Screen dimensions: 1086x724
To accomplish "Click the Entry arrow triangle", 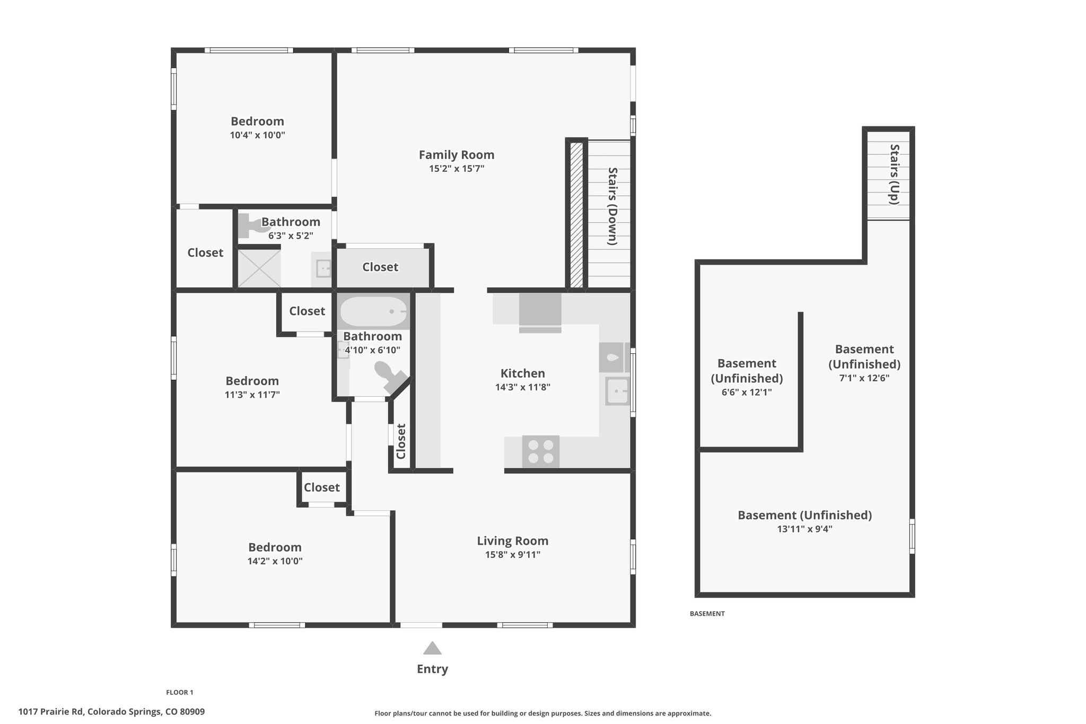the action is pos(432,648).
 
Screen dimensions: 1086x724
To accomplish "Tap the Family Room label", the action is pos(457,155).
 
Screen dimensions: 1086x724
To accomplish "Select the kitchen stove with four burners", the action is pos(541,451).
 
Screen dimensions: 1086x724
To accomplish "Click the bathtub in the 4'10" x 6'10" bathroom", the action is pos(374,311).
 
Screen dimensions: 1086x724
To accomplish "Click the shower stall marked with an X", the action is pos(259,268).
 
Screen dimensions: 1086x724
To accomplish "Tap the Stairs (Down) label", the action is pos(612,206).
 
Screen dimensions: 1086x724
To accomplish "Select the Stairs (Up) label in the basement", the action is pos(895,175).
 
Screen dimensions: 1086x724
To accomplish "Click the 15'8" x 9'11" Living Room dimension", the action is pos(513,555).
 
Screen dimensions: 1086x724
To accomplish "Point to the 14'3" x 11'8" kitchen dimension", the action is pos(523,387).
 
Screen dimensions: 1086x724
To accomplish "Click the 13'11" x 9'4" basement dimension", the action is pos(804,529).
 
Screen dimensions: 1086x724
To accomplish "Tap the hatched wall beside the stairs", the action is pos(576,215).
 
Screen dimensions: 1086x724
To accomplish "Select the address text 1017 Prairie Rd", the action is pos(51,712).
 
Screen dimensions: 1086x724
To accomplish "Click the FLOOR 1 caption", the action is pos(180,692).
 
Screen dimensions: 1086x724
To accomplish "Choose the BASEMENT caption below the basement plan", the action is pos(707,614).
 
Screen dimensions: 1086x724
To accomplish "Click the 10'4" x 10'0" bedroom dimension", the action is pos(258,135).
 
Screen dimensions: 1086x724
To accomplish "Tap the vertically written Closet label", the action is pos(401,441).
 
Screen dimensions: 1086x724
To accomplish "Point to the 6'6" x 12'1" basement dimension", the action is pos(747,392).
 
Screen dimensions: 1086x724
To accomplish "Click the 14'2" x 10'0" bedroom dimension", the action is pos(275,561).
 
